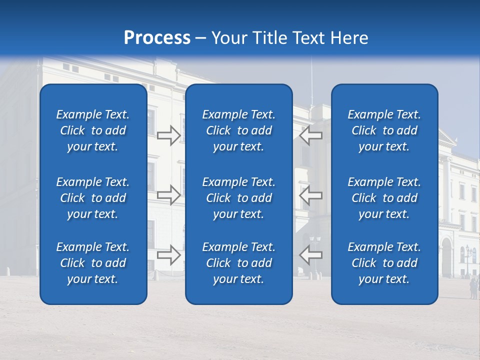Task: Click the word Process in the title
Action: [157, 38]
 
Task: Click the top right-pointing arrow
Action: [168, 135]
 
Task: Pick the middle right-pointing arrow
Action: [168, 195]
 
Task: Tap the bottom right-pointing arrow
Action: [168, 255]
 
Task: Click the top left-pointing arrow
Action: [310, 135]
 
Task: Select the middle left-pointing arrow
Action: [310, 195]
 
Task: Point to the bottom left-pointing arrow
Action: [310, 255]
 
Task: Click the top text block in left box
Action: [93, 130]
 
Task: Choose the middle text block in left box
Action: [93, 198]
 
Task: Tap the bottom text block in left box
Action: [93, 263]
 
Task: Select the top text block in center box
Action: [238, 130]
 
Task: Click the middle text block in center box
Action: [238, 198]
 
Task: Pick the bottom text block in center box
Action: [238, 263]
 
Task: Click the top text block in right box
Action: [384, 130]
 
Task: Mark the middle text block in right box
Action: [384, 198]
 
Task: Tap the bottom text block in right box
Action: [384, 263]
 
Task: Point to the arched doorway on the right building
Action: [446, 257]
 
